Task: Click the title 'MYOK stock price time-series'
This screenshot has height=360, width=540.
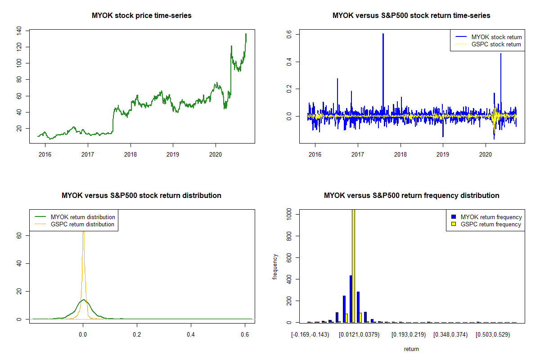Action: click(142, 16)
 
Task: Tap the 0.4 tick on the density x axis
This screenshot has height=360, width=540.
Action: click(191, 335)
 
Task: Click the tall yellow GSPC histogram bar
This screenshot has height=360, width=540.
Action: click(353, 265)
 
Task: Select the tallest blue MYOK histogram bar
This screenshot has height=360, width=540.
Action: click(351, 299)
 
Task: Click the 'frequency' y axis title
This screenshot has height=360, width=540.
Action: click(275, 266)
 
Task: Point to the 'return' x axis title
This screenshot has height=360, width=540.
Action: click(411, 349)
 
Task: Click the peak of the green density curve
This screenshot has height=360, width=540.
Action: click(83, 300)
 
